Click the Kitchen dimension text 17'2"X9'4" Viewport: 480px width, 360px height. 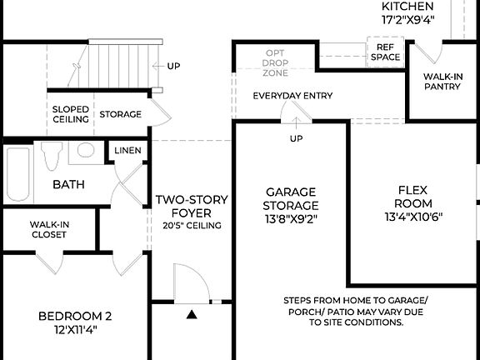[x=408, y=22]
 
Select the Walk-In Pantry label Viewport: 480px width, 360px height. [x=442, y=81]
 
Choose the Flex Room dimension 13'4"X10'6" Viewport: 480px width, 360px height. [x=413, y=217]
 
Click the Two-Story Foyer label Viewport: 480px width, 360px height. [x=187, y=207]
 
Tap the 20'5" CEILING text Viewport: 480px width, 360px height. [x=187, y=224]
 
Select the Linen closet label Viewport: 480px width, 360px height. [x=127, y=151]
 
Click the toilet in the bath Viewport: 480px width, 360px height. [x=52, y=154]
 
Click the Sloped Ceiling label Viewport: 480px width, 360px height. [x=71, y=114]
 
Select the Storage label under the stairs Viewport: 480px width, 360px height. [x=121, y=114]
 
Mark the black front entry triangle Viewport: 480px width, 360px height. [x=192, y=314]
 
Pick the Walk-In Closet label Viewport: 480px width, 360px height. [x=49, y=230]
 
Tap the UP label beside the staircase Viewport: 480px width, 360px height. [x=173, y=66]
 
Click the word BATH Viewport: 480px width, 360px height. [x=69, y=184]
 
